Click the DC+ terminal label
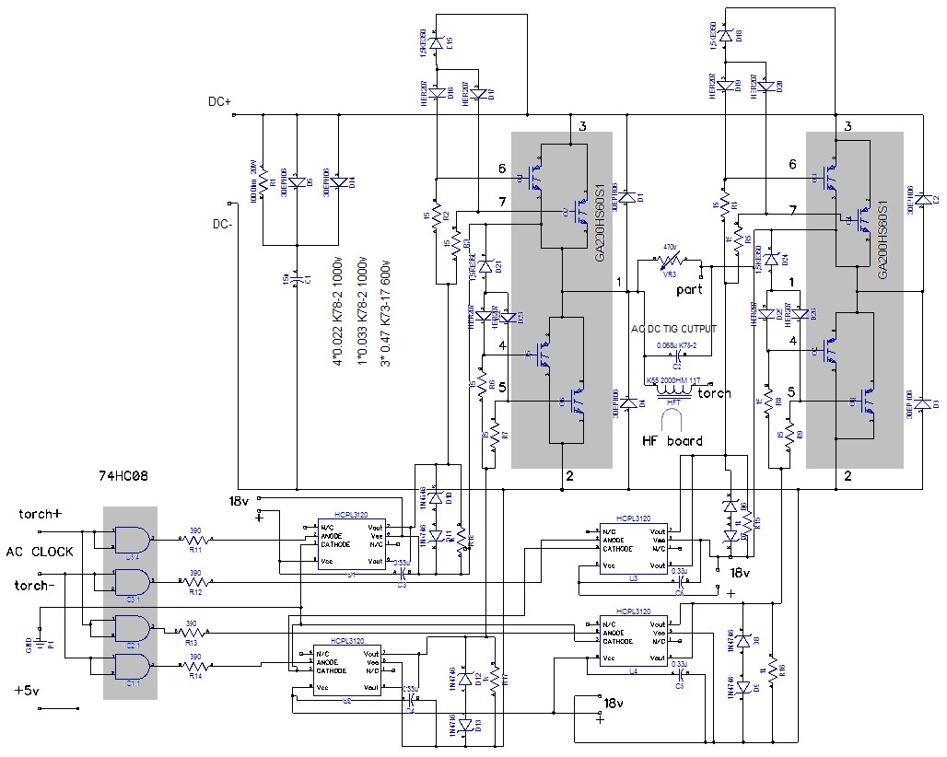[219, 102]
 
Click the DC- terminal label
[223, 223]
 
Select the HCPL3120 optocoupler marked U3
[634, 551]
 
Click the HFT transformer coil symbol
[677, 390]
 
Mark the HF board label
[672, 441]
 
